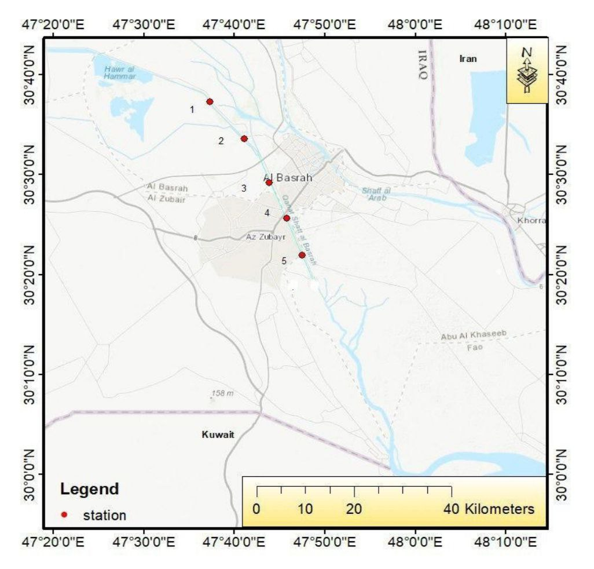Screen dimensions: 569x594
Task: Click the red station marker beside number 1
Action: point(210,102)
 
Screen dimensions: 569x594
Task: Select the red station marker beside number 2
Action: point(244,138)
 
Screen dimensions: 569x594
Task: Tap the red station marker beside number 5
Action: point(302,255)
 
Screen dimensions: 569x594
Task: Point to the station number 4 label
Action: point(267,213)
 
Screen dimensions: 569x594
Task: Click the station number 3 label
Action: point(244,188)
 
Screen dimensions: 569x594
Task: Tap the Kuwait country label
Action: point(218,435)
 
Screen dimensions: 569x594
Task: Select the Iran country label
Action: point(468,59)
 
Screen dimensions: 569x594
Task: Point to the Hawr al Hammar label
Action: point(120,72)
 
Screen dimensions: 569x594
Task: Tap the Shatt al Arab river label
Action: point(374,194)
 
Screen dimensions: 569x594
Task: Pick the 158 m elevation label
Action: point(222,393)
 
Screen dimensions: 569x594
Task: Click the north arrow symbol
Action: point(526,70)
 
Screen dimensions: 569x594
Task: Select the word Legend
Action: point(90,488)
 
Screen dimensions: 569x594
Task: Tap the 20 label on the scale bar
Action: point(354,509)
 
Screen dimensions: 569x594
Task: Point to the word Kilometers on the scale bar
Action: point(500,509)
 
